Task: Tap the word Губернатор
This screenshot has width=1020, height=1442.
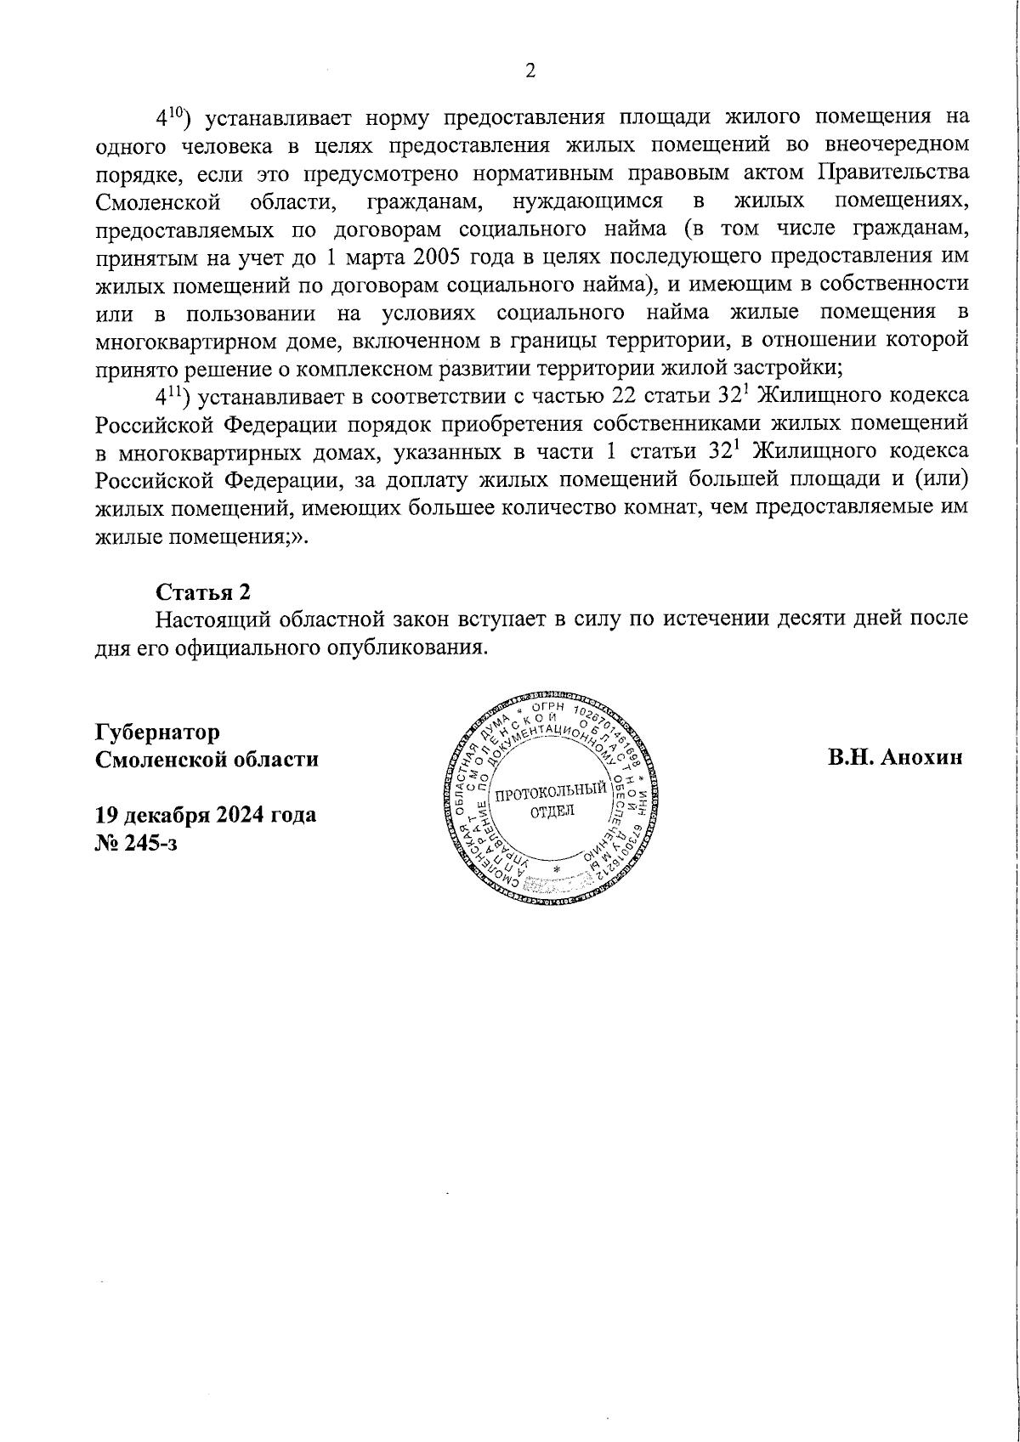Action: [x=157, y=732]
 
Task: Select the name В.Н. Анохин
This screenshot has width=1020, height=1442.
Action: [x=896, y=758]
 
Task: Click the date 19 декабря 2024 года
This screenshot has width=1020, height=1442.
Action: [x=206, y=815]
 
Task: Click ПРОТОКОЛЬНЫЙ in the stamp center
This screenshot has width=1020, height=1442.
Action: [x=552, y=794]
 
